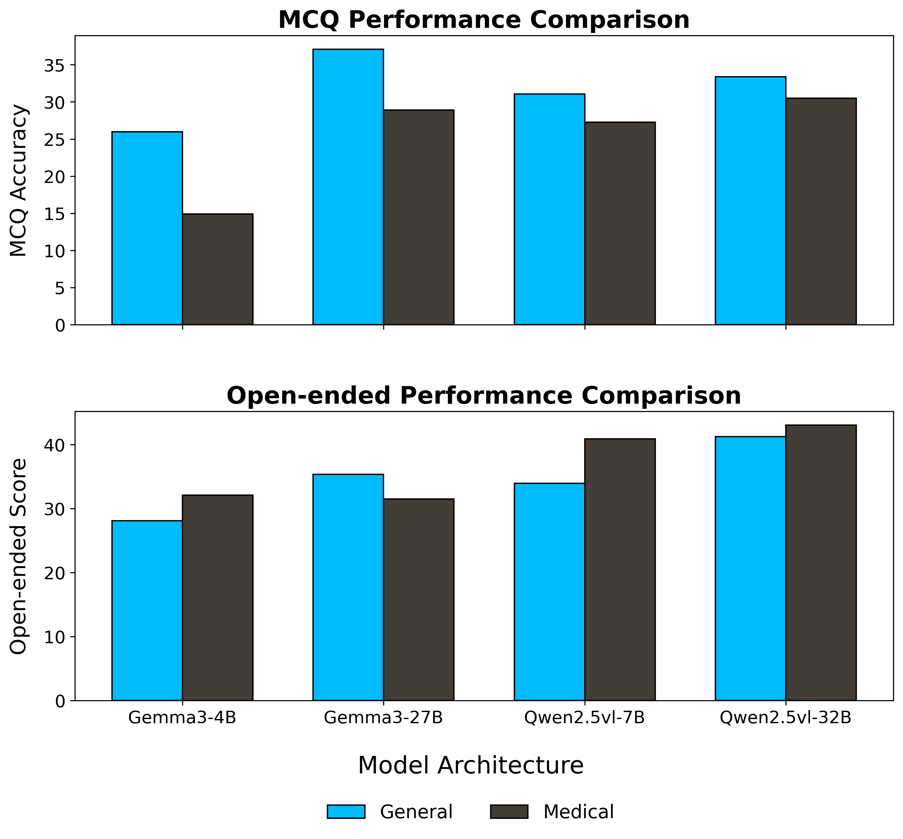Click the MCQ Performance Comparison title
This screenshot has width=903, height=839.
click(x=484, y=20)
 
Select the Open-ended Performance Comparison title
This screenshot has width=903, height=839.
click(x=484, y=396)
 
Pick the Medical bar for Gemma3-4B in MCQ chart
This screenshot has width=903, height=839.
click(x=218, y=269)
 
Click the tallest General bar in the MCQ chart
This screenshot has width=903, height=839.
click(x=348, y=187)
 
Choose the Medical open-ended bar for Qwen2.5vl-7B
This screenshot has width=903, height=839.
click(x=620, y=570)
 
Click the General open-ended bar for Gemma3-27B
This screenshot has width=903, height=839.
click(x=348, y=588)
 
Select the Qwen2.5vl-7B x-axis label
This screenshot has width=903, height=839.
click(x=584, y=718)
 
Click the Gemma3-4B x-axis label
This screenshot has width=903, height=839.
click(x=182, y=718)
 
